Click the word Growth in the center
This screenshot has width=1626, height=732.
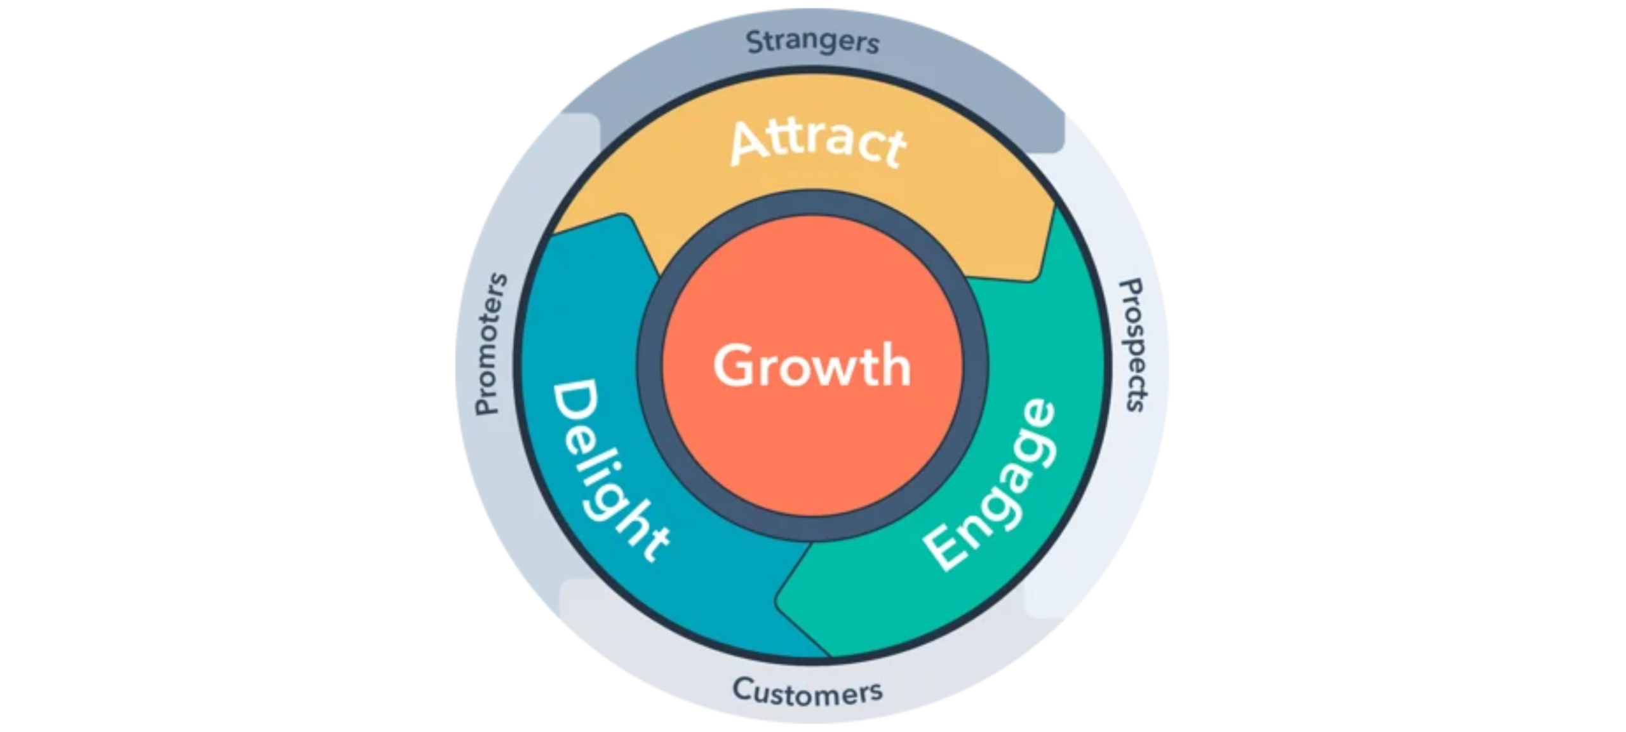click(x=812, y=365)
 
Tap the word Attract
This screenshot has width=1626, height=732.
click(x=818, y=144)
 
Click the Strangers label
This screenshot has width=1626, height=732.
click(x=813, y=42)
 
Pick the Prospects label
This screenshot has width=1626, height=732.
click(x=1135, y=345)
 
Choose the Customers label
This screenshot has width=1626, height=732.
click(x=807, y=691)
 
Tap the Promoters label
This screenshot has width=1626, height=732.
click(x=490, y=344)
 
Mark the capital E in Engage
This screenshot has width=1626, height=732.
click(x=944, y=548)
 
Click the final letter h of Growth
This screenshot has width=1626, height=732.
click(x=897, y=365)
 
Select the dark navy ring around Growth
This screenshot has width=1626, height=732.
click(x=812, y=203)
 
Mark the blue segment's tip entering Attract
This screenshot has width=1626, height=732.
click(x=626, y=216)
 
